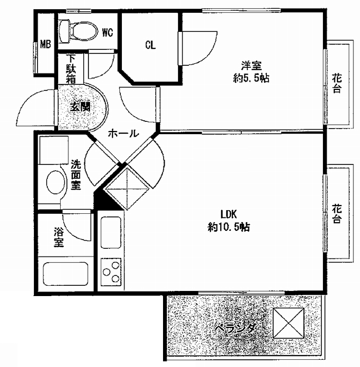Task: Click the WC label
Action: coord(107,32)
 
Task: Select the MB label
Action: coord(45,44)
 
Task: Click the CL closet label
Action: coord(150,45)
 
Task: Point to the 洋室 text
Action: coord(251,66)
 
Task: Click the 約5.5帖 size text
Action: coord(251,78)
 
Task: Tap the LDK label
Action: coord(229,214)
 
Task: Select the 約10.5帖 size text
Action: coord(229,227)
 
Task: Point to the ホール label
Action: coord(123,134)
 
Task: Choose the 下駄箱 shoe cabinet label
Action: coord(71,69)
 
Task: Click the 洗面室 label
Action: coord(76,175)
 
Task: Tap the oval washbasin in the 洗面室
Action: coord(56,182)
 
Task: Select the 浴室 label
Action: coord(59,237)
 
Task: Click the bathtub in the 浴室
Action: coord(66,274)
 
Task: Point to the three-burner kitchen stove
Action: coord(111,272)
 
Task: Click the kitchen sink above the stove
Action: coord(111,232)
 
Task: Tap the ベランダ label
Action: coord(235,328)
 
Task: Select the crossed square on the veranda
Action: coord(289,323)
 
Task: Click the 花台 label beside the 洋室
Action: coord(337,83)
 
